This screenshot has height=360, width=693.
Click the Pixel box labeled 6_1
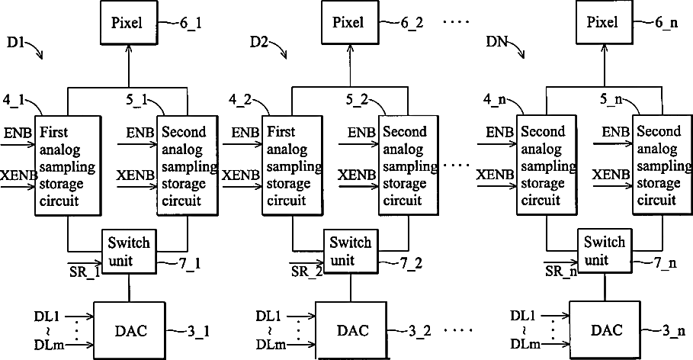click(129, 23)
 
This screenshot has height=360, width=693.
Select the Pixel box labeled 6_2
click(350, 23)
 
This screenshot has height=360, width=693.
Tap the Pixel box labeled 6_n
click(604, 23)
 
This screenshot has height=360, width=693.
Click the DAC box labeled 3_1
click(129, 331)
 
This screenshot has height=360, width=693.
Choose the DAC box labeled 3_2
click(351, 331)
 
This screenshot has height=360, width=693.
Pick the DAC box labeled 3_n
click(605, 330)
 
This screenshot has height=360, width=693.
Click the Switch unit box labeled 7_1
click(129, 251)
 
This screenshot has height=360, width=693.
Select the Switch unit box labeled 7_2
click(351, 251)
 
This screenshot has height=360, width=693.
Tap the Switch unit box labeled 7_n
click(605, 251)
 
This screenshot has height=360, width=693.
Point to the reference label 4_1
click(14, 100)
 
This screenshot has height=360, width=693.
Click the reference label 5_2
click(356, 100)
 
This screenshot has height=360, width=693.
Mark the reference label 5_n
click(611, 99)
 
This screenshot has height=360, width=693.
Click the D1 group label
click(16, 43)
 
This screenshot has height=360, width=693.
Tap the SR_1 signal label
click(84, 271)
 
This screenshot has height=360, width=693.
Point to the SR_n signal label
click(560, 271)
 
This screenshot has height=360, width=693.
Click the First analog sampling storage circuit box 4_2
click(293, 166)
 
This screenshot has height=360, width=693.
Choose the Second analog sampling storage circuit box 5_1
click(188, 166)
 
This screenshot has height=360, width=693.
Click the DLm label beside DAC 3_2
click(271, 345)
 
